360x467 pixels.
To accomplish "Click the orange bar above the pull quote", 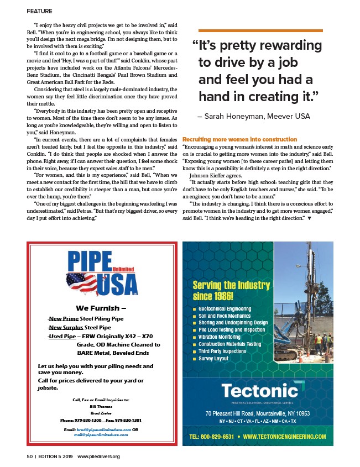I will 260,30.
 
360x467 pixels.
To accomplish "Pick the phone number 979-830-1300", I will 80,420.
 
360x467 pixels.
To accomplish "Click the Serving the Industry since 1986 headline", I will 231,290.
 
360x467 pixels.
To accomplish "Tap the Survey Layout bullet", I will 215,359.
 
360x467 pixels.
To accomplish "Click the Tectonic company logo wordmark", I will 260,391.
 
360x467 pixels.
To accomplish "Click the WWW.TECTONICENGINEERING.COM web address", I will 284,437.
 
